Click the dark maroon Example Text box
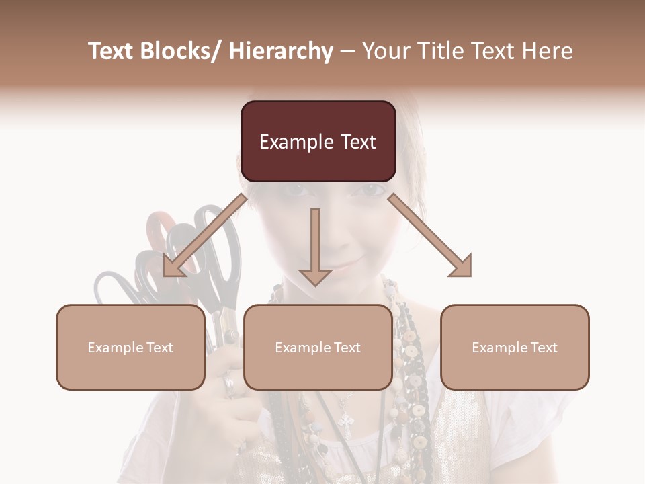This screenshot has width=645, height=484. [x=318, y=141]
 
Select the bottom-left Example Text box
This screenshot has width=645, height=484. [x=130, y=347]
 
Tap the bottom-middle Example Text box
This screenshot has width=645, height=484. [x=318, y=347]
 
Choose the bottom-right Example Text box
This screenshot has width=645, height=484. [x=515, y=347]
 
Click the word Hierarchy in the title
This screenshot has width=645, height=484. [x=281, y=51]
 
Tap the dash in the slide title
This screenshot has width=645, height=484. [x=347, y=51]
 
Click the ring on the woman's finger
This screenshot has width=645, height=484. [x=228, y=385]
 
